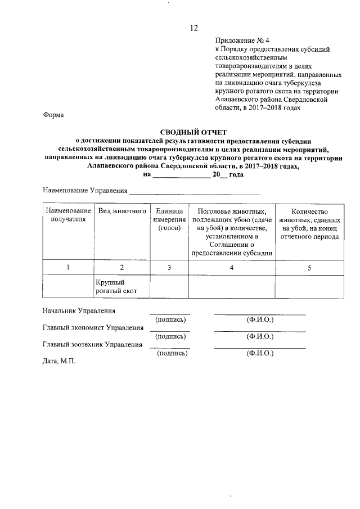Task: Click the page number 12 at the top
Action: tap(193, 28)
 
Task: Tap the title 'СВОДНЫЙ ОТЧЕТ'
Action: tap(193, 131)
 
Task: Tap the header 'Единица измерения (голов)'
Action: tap(169, 219)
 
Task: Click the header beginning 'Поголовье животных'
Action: tap(231, 231)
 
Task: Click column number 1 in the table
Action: tap(67, 268)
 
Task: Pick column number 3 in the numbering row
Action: tap(169, 268)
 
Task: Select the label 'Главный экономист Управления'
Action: tap(93, 327)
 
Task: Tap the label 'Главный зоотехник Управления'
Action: tap(93, 345)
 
